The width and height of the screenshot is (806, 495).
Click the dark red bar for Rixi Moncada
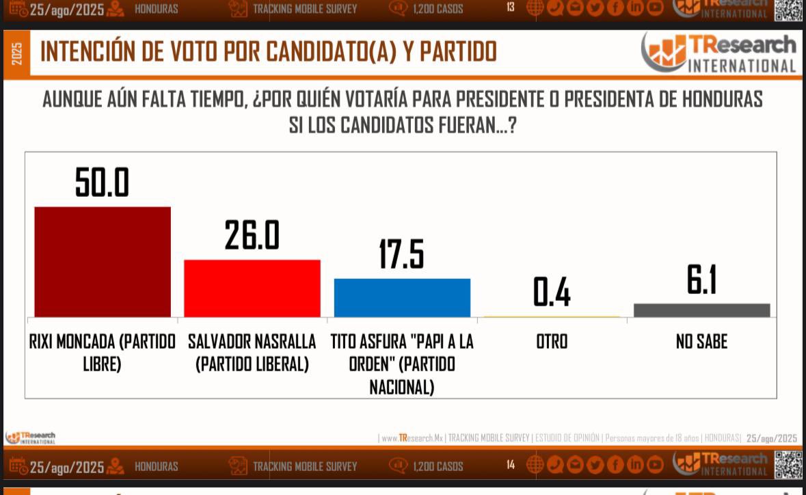[103, 262]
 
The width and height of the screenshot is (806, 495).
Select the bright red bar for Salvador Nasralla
[252, 288]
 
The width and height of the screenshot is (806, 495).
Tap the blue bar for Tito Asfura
[402, 297]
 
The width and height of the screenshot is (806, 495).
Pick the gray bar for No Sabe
[702, 310]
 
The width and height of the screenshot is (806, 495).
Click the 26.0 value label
[252, 235]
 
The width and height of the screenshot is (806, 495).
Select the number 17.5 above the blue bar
[401, 254]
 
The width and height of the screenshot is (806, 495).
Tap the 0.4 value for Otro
[552, 292]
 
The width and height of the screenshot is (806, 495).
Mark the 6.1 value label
[701, 280]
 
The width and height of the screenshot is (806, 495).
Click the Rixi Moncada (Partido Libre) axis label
[103, 353]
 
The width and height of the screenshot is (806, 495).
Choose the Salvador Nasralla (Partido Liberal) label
[252, 353]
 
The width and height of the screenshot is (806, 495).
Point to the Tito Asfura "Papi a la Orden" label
[402, 364]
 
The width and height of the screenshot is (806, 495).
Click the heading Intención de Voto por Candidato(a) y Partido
[269, 52]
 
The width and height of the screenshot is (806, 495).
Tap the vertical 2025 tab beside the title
[16, 53]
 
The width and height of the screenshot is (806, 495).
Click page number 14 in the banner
[511, 466]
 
